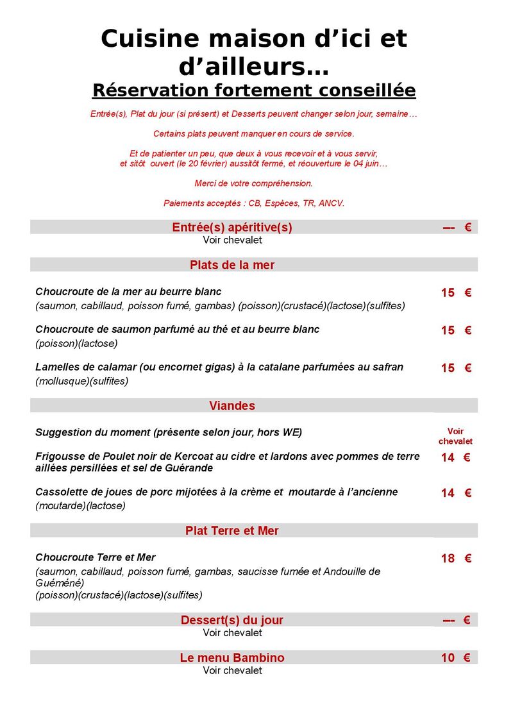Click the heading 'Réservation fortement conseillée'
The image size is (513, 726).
click(x=254, y=90)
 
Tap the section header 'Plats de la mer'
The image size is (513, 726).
click(x=232, y=265)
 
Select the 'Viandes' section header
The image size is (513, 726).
click(x=232, y=405)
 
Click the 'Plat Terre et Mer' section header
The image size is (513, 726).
click(x=232, y=530)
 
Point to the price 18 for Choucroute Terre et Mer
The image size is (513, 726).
click(x=448, y=559)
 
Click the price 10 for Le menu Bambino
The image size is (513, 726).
click(x=448, y=657)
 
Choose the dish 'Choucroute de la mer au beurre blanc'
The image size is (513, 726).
click(x=137, y=292)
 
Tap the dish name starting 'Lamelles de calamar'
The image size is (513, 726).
click(x=219, y=367)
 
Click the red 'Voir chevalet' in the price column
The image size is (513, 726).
click(x=455, y=436)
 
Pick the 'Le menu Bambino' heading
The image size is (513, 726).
click(x=232, y=657)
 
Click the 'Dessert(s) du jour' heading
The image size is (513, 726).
click(x=232, y=620)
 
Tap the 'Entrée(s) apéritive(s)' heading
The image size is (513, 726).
click(x=232, y=227)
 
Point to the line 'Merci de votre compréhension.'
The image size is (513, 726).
click(x=254, y=183)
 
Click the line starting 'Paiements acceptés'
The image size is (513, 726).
click(x=254, y=203)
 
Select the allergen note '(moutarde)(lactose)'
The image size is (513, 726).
click(x=80, y=506)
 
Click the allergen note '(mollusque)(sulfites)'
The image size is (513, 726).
click(x=82, y=382)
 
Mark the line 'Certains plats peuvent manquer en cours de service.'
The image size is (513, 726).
click(x=254, y=134)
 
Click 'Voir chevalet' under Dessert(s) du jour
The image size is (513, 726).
click(x=232, y=633)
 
